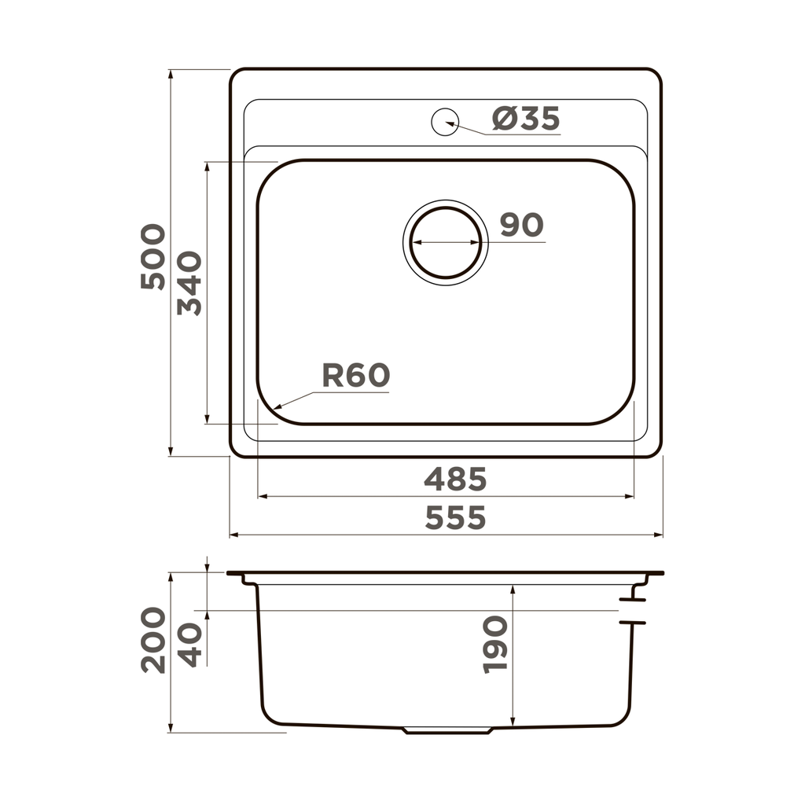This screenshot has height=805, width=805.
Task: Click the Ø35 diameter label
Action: coord(526,119)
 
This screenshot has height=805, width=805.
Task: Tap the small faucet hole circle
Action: coord(445,121)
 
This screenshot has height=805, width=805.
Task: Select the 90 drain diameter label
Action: coord(521,226)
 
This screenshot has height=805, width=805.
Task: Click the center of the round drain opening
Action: coord(446,242)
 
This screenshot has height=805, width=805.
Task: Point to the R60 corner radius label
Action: coord(355,377)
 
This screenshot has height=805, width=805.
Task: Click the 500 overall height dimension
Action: coord(154,257)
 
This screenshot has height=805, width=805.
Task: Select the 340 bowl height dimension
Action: coord(189,283)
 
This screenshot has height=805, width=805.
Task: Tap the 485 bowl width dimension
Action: coord(455,479)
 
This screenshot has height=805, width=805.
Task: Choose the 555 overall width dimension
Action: coord(455,518)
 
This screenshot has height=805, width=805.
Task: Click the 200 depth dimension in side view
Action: coord(154,640)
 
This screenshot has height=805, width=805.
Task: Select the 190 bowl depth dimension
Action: coord(495,645)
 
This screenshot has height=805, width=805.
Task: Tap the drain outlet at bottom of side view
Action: coord(447,730)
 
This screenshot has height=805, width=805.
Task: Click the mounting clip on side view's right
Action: coord(632,611)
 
